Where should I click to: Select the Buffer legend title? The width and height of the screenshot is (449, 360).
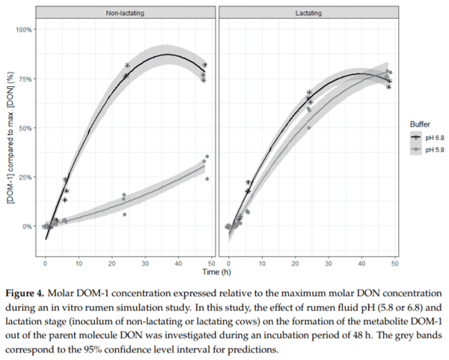point(415,121)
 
